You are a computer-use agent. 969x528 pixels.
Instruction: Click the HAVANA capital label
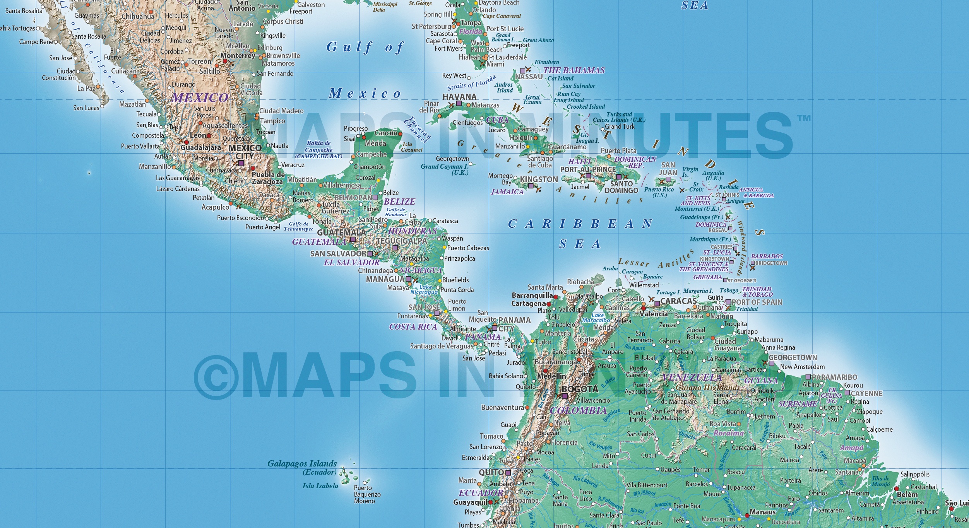459,97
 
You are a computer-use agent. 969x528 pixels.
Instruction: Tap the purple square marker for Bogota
565,396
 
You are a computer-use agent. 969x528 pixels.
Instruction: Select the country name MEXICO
200,97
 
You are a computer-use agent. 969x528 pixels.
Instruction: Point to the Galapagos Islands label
302,463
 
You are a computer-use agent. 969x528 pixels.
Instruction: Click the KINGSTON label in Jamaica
539,179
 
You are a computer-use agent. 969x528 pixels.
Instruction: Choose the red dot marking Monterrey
225,61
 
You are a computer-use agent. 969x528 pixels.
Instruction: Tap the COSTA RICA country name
413,327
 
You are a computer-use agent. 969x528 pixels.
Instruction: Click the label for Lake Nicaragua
425,289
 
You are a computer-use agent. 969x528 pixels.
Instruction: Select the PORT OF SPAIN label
757,302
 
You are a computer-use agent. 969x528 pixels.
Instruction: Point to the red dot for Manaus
747,515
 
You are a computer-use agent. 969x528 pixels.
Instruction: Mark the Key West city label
454,75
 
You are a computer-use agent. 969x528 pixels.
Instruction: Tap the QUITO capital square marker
508,473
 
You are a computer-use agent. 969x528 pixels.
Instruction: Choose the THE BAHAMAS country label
574,70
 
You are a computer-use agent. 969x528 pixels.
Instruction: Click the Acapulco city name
215,207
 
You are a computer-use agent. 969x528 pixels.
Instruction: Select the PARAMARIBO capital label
834,377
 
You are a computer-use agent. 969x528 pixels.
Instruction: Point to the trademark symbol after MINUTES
803,118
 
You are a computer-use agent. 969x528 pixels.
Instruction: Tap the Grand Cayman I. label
444,167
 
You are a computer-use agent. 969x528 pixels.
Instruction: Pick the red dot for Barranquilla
556,297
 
